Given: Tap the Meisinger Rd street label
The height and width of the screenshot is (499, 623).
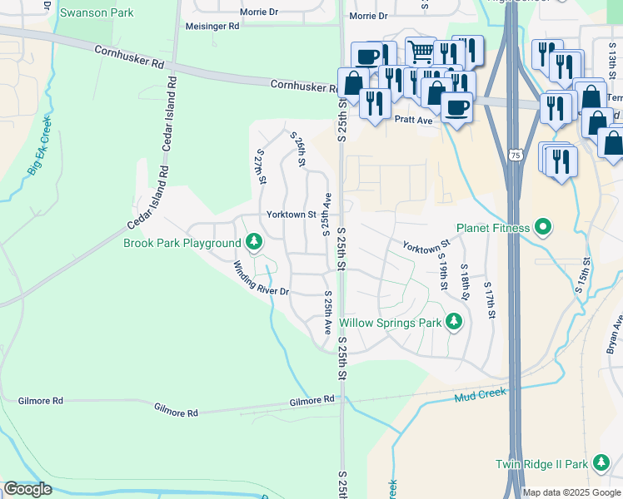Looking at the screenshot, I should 212,27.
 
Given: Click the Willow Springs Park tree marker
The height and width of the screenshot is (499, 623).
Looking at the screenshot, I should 454,321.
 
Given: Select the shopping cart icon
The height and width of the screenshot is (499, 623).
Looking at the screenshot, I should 421,52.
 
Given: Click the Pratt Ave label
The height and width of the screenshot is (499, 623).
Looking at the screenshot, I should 414,120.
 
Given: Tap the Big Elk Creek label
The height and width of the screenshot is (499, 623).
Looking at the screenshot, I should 39,146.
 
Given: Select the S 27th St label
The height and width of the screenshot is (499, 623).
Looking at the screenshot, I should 260,166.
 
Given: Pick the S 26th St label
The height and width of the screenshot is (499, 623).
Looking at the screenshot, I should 297,148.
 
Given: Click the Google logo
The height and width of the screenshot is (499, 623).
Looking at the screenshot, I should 27,490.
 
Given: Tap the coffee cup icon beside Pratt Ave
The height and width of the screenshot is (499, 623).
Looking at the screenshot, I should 456,106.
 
